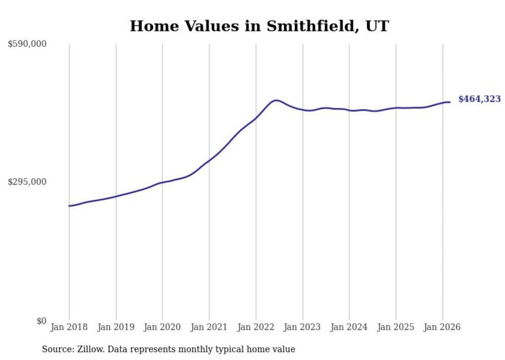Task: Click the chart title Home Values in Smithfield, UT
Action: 259,26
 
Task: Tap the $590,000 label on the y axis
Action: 27,44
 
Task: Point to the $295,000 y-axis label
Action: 27,182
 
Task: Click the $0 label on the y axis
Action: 41,321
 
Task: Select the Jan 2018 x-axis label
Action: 69,327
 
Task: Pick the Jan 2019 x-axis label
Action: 116,327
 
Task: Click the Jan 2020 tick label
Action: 162,327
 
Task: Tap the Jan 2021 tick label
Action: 209,327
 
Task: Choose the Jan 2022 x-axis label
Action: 256,327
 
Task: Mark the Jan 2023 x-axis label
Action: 302,327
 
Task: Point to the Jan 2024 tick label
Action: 349,327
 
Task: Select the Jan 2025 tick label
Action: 396,327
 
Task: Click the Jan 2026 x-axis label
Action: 443,327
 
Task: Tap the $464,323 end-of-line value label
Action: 479,99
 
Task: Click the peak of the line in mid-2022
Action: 276,100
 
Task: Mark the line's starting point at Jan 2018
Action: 69,206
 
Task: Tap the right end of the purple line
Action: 450,102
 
